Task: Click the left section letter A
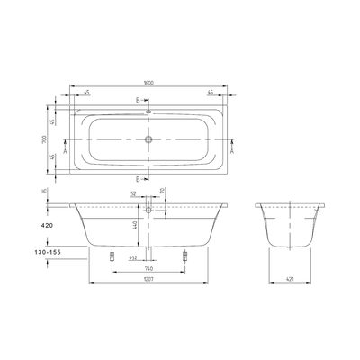65,140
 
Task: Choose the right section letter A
233,140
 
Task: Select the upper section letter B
137,101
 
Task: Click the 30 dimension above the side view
162,192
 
